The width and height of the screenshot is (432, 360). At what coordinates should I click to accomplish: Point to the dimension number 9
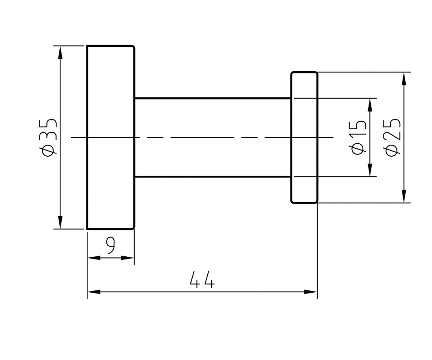[x=111, y=246]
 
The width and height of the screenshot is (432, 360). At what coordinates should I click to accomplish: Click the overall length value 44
[x=202, y=279]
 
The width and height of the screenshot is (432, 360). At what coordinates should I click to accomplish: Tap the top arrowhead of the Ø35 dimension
[x=60, y=53]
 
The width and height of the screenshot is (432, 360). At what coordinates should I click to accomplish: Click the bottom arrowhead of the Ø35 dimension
[x=60, y=222]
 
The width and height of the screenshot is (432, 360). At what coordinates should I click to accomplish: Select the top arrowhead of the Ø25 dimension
[x=404, y=79]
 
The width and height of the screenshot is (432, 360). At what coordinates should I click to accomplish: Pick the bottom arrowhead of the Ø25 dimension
[x=404, y=196]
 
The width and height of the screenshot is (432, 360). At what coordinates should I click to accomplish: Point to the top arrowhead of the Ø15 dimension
[x=370, y=105]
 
